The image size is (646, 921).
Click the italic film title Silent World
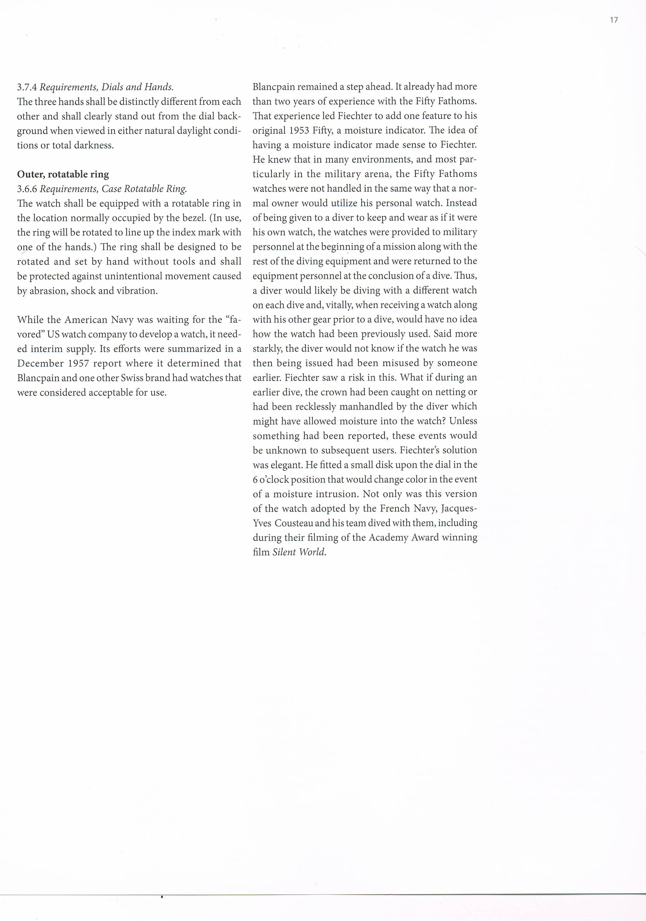(x=299, y=552)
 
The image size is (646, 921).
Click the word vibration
(x=137, y=291)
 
